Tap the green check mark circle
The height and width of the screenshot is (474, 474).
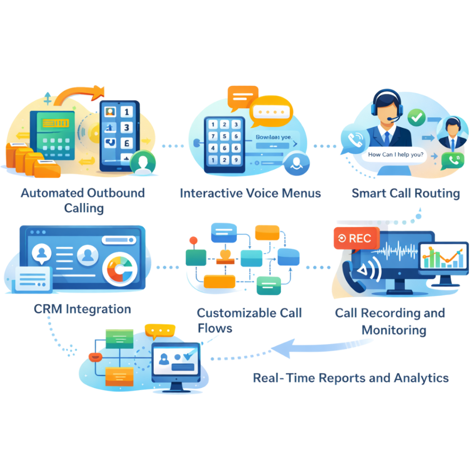(417, 117)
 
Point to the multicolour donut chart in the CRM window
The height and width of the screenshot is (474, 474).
(119, 268)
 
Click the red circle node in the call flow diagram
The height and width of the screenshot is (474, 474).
(193, 240)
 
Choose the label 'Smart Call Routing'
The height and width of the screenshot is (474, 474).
(405, 193)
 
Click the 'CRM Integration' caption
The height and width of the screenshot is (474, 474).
(82, 309)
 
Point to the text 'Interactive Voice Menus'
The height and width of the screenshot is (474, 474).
(250, 193)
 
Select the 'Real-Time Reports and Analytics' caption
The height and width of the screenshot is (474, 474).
(350, 378)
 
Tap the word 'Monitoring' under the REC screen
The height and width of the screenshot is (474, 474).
(394, 330)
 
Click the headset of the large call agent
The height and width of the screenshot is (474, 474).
(386, 103)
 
